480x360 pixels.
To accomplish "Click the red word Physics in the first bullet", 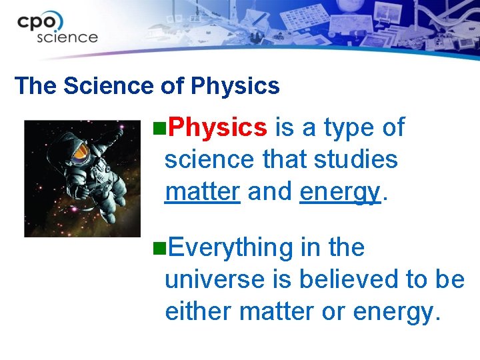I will [217, 127].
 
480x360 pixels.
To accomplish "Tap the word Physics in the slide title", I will [235, 86].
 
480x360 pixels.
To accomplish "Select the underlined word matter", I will [202, 192].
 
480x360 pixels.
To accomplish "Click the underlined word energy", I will [339, 192].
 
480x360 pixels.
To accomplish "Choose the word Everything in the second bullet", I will [230, 247].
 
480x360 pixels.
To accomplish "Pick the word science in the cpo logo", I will [67, 37].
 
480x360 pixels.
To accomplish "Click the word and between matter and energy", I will [270, 192].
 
